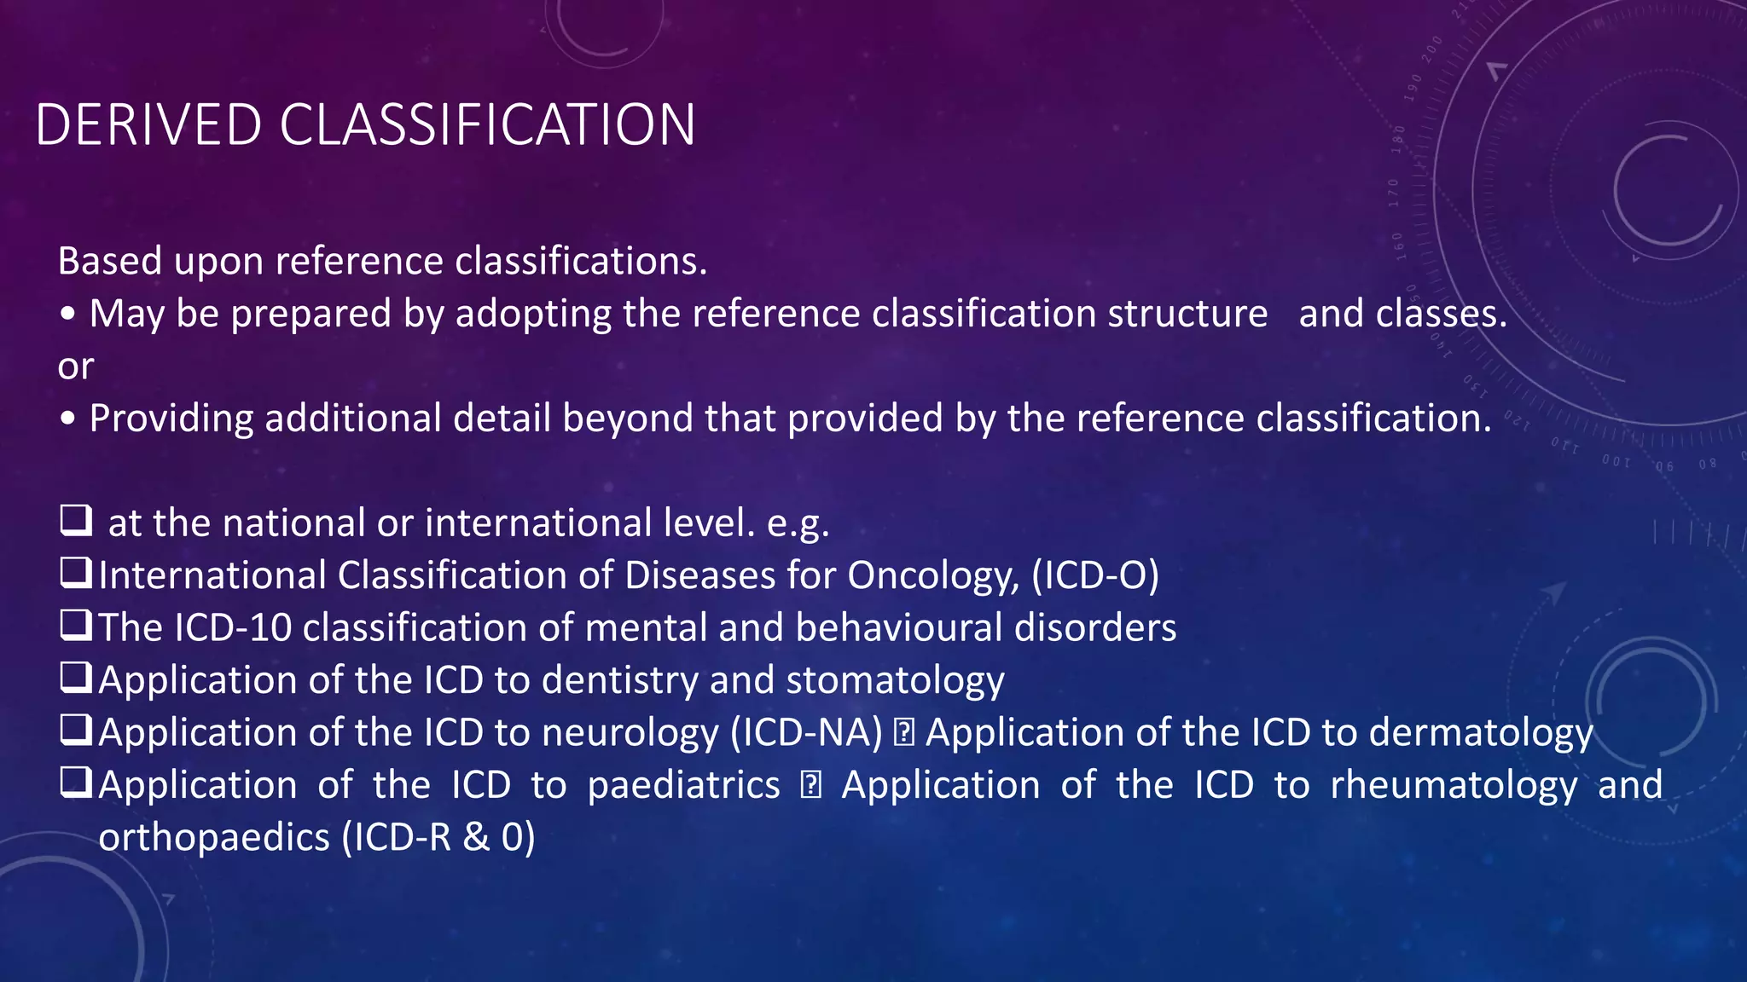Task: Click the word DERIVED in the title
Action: click(x=148, y=125)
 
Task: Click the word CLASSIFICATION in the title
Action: click(x=487, y=125)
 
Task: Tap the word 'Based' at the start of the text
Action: click(x=109, y=261)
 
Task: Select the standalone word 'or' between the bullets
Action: click(x=75, y=367)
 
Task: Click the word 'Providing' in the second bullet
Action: click(x=171, y=419)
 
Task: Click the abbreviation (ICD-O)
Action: click(x=1095, y=575)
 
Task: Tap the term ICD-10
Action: click(x=233, y=628)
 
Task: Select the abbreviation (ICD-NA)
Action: click(x=806, y=733)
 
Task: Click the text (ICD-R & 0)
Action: click(x=438, y=838)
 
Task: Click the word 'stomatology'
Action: click(x=895, y=680)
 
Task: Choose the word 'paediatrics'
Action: click(x=683, y=785)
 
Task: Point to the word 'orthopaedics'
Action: click(x=214, y=838)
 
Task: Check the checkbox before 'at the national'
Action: click(x=76, y=520)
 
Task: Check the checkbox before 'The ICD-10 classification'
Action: click(x=76, y=626)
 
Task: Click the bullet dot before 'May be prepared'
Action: click(x=68, y=315)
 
